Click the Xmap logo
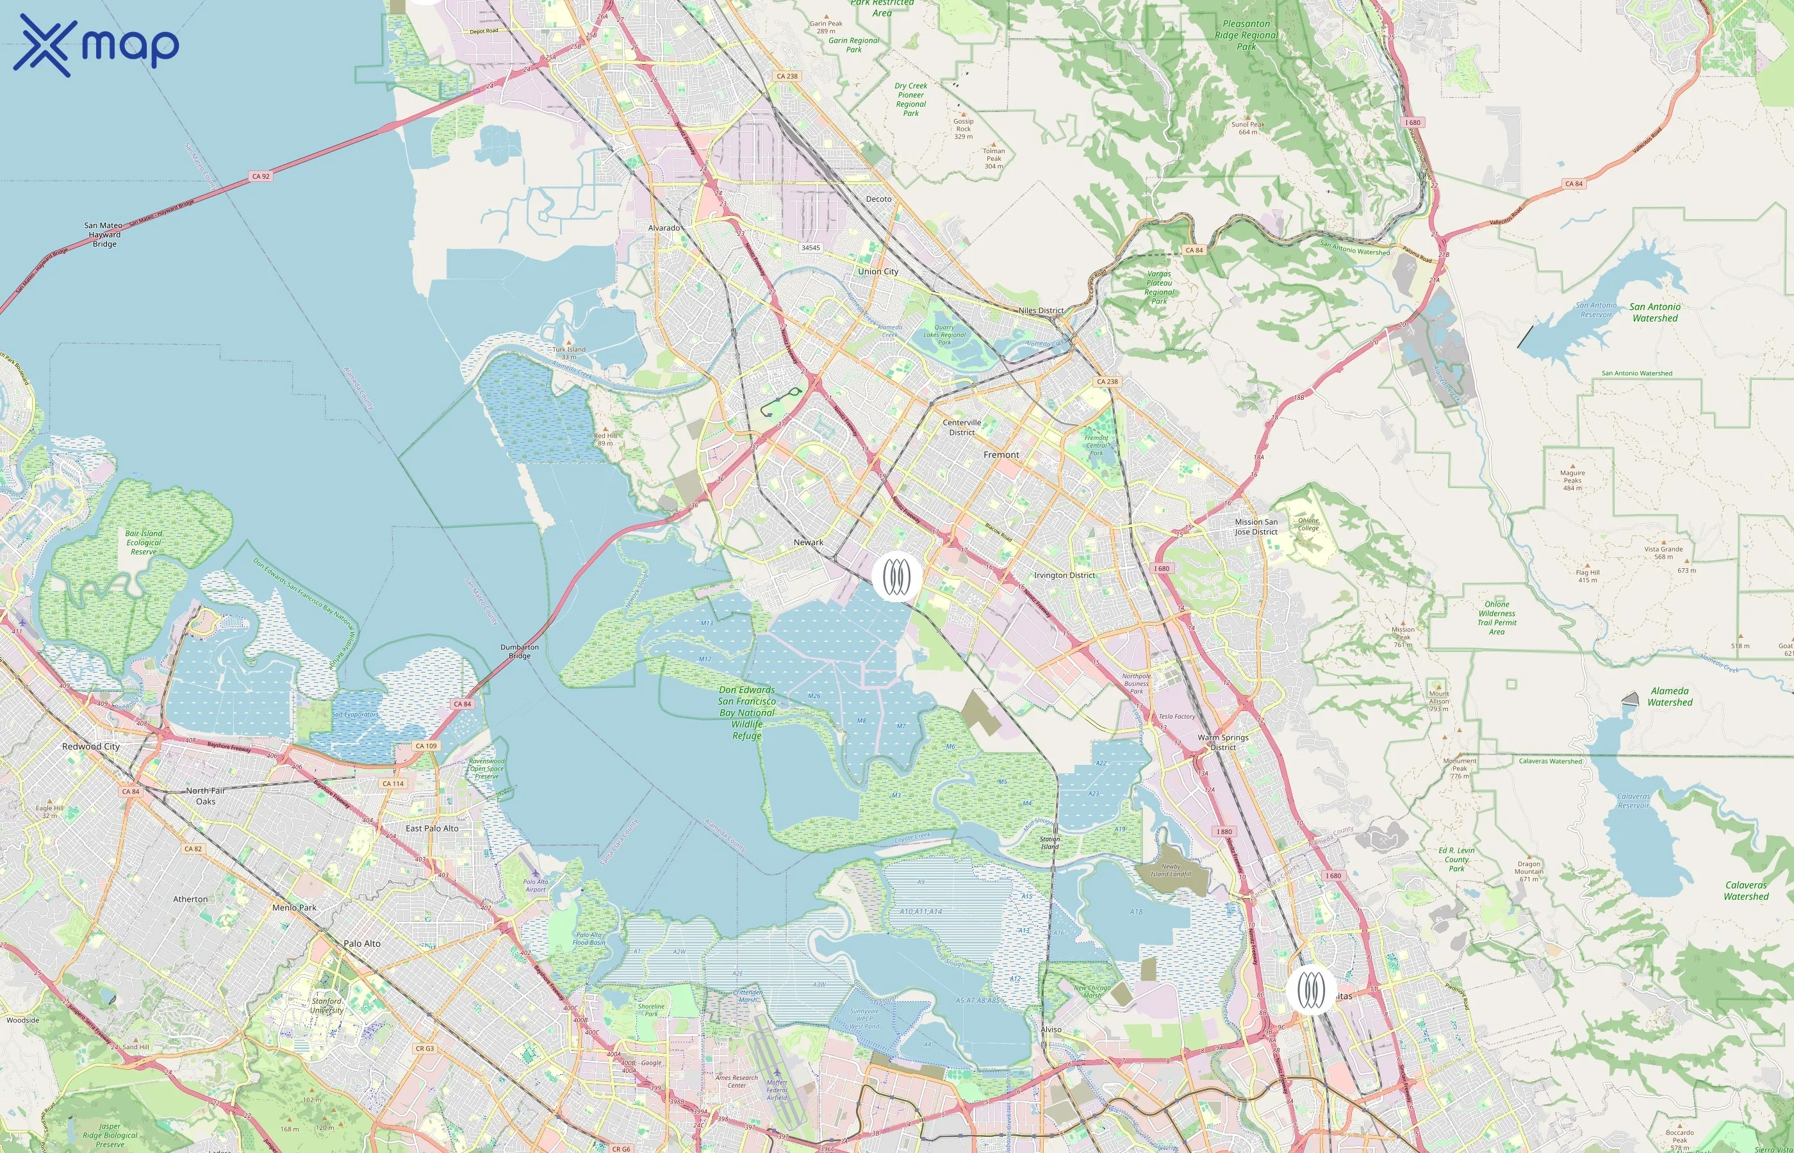click(96, 45)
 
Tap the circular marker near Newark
click(896, 576)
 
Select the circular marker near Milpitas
click(1311, 990)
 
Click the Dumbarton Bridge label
click(520, 651)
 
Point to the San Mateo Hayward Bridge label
click(103, 234)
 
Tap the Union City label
click(878, 272)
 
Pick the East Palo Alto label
click(432, 829)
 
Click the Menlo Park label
click(294, 908)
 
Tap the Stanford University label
click(327, 1006)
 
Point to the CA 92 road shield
click(261, 177)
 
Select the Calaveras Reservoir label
click(1633, 801)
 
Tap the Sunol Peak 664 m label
click(1247, 128)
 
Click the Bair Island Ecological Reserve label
click(143, 543)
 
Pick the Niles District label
click(1041, 311)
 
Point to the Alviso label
click(1051, 1029)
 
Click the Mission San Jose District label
click(1256, 527)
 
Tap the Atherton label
click(190, 899)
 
